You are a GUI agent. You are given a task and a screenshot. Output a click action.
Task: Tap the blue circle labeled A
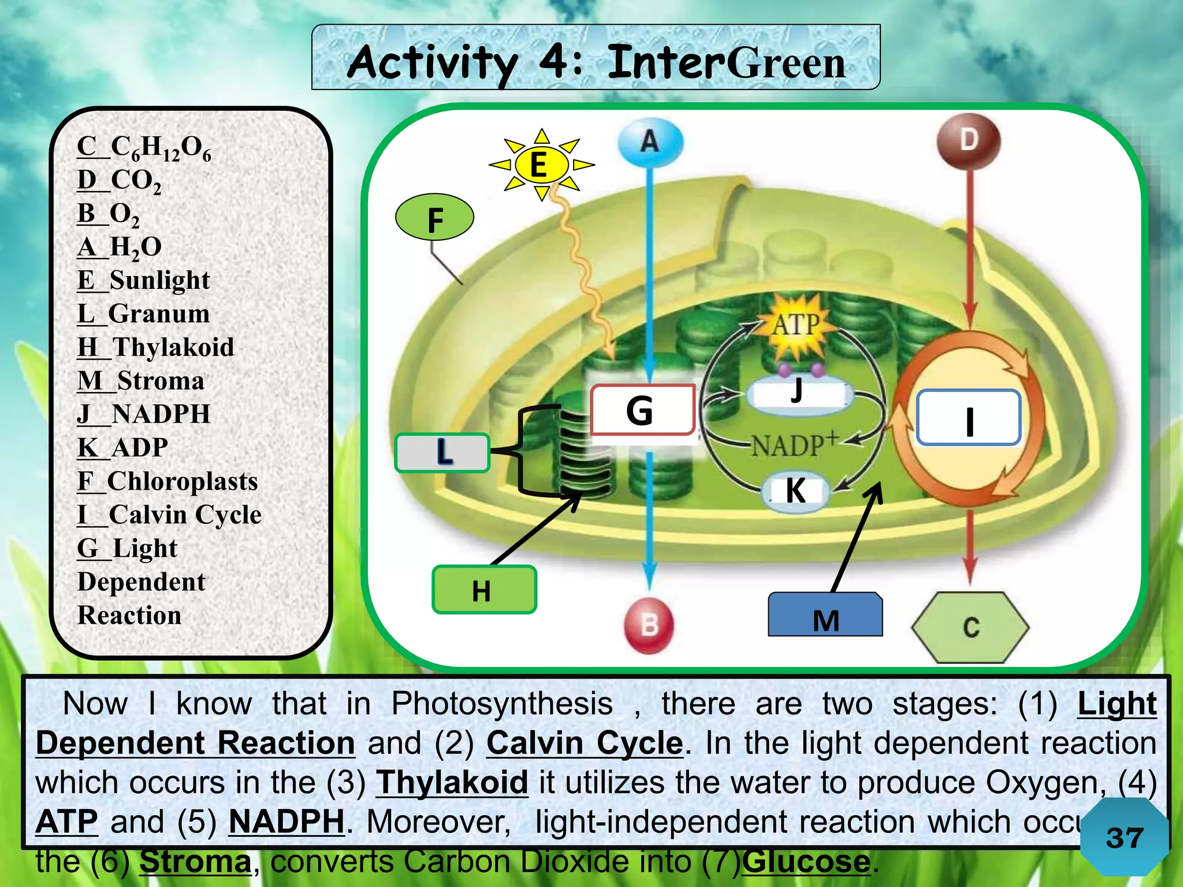pos(650,141)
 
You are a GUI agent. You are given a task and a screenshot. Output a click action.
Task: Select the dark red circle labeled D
pos(969,140)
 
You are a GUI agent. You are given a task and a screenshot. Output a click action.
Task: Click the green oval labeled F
pos(435,218)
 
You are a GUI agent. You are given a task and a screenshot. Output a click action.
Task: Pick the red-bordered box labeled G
pos(642,410)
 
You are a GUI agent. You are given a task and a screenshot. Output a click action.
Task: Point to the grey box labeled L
pos(442,453)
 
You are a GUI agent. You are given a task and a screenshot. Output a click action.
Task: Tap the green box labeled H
pos(484,590)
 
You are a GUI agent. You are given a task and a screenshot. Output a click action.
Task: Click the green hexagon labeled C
pos(970,628)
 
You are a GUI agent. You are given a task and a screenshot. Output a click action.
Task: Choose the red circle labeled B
pos(649,625)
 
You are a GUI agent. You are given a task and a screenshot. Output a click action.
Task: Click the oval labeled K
pos(796,491)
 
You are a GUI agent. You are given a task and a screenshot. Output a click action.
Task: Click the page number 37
pos(1124,838)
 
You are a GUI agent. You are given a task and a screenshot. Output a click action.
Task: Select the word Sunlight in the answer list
pos(159,281)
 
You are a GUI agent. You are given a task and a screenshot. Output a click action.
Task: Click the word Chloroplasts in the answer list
pos(183,482)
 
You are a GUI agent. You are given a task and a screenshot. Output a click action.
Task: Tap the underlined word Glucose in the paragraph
pos(806,862)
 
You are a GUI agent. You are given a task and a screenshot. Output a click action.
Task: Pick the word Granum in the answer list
pos(159,314)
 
